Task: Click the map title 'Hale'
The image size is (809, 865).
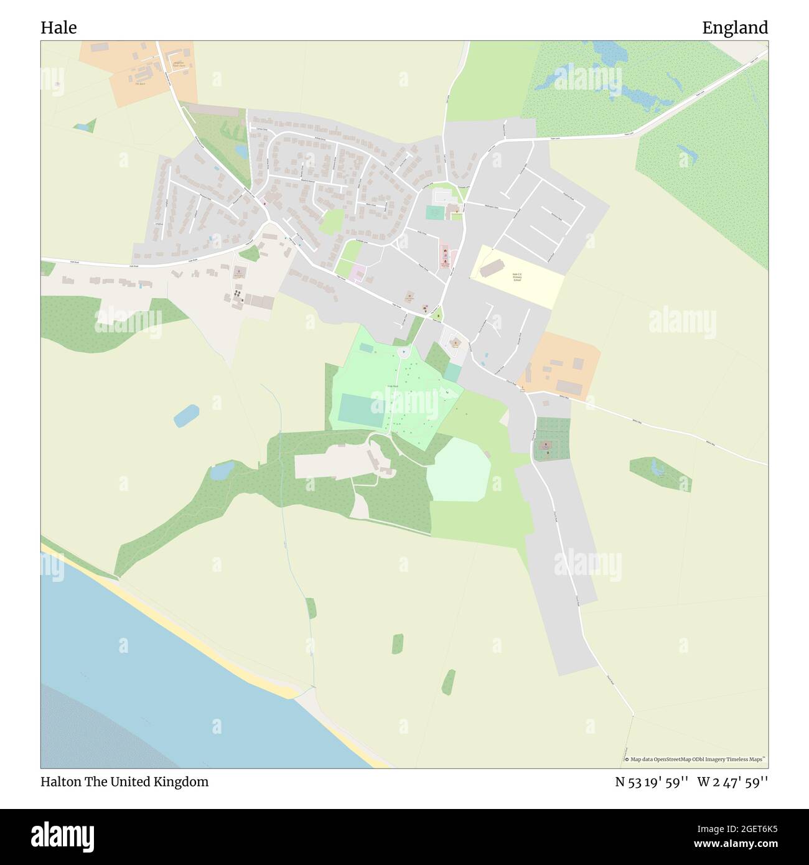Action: tap(58, 27)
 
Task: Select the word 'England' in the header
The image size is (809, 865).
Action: tap(734, 27)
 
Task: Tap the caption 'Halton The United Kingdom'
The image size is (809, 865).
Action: tap(124, 782)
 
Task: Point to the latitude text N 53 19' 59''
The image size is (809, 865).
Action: tap(652, 782)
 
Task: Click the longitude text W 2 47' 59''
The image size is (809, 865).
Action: tap(732, 782)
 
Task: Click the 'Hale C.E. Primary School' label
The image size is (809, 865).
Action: tap(516, 278)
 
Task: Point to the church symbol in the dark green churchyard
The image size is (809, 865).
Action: tap(546, 445)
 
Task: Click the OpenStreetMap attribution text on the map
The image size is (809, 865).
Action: tap(695, 759)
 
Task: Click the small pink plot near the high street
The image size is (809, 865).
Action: tap(358, 272)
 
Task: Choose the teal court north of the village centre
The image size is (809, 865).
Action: tap(434, 212)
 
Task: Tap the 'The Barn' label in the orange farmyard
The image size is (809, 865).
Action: tap(139, 82)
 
